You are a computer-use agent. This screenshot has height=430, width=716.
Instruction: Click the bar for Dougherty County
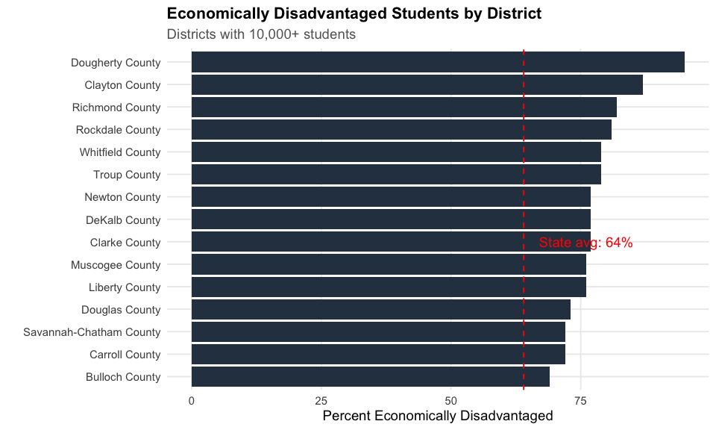pyautogui.click(x=438, y=62)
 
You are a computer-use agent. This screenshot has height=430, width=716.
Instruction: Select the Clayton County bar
pyautogui.click(x=417, y=84)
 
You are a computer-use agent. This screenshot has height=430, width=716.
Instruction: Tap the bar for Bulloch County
pyautogui.click(x=371, y=376)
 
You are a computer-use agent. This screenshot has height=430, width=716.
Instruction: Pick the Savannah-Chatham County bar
pyautogui.click(x=378, y=331)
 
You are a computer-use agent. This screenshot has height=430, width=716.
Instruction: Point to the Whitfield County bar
pyautogui.click(x=396, y=152)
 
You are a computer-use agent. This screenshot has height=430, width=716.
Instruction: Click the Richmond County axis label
pyautogui.click(x=116, y=107)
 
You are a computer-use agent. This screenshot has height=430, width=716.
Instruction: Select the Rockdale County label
pyautogui.click(x=118, y=130)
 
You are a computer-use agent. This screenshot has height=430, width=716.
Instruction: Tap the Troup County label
pyautogui.click(x=127, y=175)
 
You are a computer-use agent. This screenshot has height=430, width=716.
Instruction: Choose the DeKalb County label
pyautogui.click(x=122, y=220)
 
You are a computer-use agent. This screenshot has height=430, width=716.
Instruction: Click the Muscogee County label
pyautogui.click(x=116, y=265)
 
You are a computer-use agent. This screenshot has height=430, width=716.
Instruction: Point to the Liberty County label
pyautogui.click(x=125, y=287)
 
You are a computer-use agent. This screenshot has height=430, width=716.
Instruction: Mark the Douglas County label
pyautogui.click(x=121, y=310)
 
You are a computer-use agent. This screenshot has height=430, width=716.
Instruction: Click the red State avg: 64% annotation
pyautogui.click(x=585, y=243)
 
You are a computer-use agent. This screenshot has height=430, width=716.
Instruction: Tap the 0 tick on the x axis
pyautogui.click(x=192, y=401)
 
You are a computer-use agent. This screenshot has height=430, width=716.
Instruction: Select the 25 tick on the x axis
pyautogui.click(x=321, y=401)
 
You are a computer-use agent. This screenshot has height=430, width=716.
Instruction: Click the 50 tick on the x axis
pyautogui.click(x=450, y=401)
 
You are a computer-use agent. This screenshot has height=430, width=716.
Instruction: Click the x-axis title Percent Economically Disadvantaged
pyautogui.click(x=438, y=416)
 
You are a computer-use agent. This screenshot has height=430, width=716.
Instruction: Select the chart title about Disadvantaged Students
pyautogui.click(x=354, y=13)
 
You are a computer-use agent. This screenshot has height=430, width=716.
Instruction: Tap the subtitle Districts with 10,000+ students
pyautogui.click(x=261, y=34)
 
